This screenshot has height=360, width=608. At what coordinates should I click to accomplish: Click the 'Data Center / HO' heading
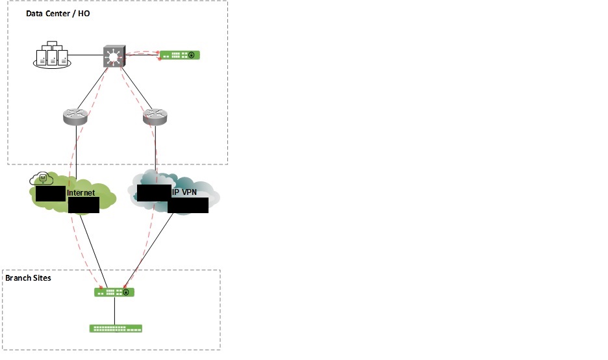[x=57, y=14]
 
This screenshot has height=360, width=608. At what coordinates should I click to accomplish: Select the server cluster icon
[x=51, y=57]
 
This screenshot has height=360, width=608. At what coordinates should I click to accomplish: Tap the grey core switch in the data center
[x=115, y=57]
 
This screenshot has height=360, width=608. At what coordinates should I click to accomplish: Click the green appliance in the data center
[x=180, y=55]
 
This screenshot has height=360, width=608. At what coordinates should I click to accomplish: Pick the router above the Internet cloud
[x=76, y=116]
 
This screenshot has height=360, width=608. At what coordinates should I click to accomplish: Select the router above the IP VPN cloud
[x=155, y=116]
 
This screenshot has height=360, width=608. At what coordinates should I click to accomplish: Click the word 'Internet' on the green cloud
[x=81, y=193]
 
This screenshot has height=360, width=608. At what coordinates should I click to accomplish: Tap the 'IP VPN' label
[x=185, y=193]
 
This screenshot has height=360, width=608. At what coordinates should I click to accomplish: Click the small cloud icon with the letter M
[x=43, y=178]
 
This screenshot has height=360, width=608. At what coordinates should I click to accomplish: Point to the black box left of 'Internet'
[x=51, y=193]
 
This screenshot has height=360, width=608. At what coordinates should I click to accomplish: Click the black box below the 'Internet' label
[x=83, y=205]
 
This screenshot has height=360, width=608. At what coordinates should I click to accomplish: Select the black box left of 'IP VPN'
[x=154, y=192]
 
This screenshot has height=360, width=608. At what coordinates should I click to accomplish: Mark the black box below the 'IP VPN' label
[x=188, y=205]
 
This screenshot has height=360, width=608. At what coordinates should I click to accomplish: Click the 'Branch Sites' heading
[x=28, y=278]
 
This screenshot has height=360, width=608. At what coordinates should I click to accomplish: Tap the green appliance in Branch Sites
[x=114, y=292]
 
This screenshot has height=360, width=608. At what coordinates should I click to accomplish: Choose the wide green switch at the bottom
[x=116, y=328]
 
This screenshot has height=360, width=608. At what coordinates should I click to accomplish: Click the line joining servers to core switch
[x=85, y=57]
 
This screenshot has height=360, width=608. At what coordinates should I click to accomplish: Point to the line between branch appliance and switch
[x=115, y=311]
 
